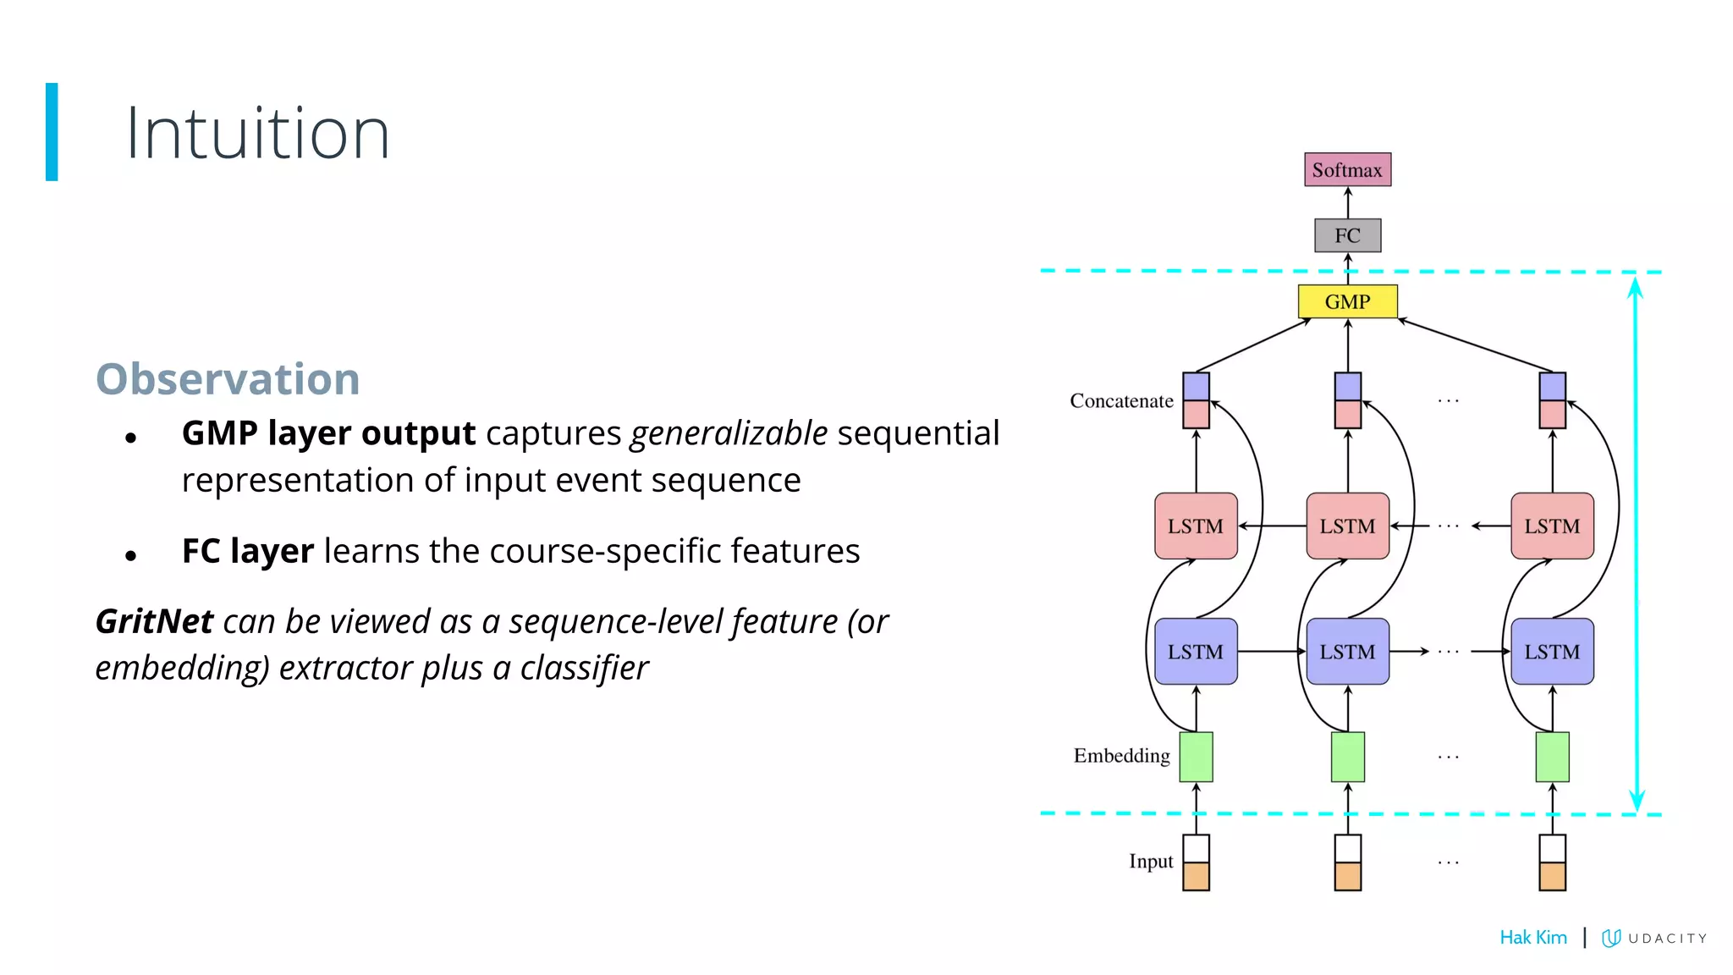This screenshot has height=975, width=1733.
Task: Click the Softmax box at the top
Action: (1347, 170)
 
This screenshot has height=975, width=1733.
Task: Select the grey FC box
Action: (1347, 235)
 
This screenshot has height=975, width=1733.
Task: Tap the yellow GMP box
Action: (1347, 301)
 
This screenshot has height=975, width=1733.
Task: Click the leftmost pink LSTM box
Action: (1196, 526)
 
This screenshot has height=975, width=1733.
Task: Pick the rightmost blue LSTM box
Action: (1552, 652)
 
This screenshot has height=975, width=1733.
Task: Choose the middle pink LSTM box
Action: (1347, 526)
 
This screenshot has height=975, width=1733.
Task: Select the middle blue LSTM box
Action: (1347, 652)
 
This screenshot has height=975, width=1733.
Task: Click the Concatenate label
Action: (1121, 400)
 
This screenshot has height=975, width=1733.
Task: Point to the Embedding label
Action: (1121, 756)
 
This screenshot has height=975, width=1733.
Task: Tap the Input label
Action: (1151, 862)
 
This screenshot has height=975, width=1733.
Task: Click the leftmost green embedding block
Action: (1196, 757)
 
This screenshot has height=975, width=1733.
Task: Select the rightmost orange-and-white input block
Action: (1552, 862)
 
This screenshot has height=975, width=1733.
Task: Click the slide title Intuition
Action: (257, 133)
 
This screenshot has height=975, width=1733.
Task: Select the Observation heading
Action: (228, 378)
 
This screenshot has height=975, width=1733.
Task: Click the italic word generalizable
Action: (729, 433)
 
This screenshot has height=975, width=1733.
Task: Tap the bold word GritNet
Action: (154, 621)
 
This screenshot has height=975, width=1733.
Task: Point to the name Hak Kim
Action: (1532, 937)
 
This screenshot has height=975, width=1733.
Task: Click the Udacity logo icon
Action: (1611, 938)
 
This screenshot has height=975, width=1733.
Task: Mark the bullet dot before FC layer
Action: (130, 556)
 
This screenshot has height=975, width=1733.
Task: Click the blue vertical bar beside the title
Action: (52, 131)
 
